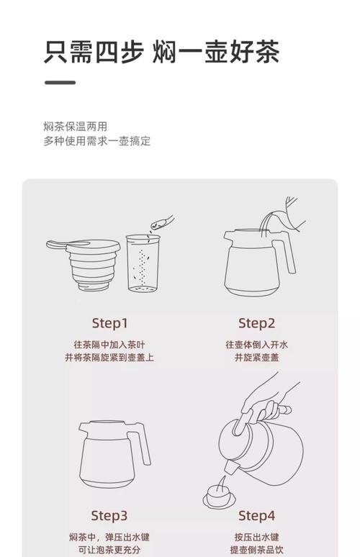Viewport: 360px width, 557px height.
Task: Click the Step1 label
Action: click(109, 324)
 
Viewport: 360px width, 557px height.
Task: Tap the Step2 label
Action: click(256, 324)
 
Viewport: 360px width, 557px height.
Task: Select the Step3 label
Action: click(109, 516)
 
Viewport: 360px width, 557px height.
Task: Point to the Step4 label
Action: click(256, 516)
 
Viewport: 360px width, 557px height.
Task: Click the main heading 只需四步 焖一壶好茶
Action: click(162, 53)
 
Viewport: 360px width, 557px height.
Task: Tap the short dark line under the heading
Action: click(60, 83)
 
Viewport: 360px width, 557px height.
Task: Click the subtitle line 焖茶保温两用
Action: click(76, 127)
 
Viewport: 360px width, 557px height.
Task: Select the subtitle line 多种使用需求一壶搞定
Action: click(97, 141)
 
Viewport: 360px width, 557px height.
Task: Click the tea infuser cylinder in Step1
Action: click(143, 263)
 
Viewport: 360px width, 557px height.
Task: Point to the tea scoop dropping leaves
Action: click(162, 222)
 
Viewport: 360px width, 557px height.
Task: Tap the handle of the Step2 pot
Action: click(285, 255)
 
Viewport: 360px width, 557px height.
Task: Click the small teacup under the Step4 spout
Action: click(219, 497)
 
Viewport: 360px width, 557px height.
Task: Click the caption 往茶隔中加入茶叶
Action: click(109, 345)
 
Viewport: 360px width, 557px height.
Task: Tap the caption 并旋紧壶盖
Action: click(256, 358)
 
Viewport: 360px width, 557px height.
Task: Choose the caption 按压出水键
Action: click(256, 537)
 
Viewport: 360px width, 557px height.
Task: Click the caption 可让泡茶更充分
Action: click(109, 550)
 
